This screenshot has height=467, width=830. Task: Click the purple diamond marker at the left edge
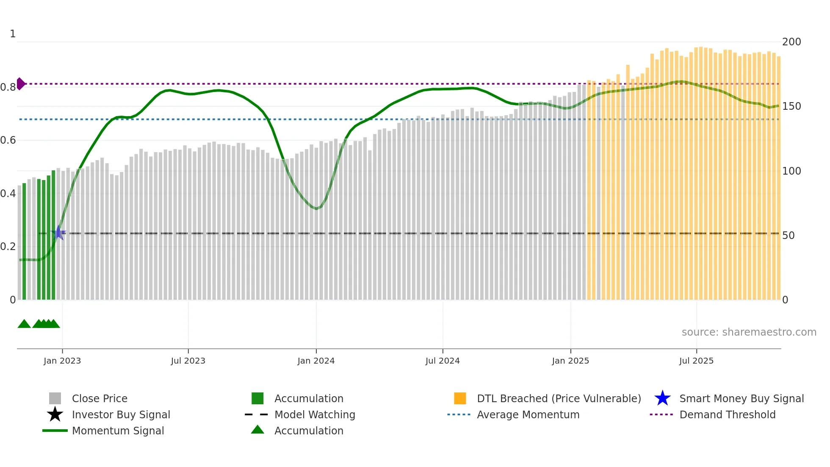20,84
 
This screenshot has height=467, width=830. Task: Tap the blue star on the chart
58,233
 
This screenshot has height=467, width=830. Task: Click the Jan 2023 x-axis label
62,361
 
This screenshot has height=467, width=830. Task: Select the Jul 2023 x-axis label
188,361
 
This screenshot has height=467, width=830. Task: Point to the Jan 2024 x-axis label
316,361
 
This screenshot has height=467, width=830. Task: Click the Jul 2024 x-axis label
443,361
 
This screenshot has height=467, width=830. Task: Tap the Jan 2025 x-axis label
570,361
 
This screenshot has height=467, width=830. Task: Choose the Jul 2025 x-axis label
696,361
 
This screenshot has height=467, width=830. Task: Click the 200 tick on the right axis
791,42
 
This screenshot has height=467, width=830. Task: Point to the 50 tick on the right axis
788,236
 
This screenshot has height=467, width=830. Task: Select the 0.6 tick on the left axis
8,140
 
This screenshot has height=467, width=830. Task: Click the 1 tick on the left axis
13,34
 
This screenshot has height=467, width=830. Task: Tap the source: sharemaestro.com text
749,332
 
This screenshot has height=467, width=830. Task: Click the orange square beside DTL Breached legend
460,398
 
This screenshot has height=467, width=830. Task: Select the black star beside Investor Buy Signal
55,414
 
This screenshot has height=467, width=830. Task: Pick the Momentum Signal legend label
118,431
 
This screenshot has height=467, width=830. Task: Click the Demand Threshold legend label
727,414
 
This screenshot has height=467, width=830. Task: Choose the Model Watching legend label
315,414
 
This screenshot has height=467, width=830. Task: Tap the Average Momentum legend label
528,414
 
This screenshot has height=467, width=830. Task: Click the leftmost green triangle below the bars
24,324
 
